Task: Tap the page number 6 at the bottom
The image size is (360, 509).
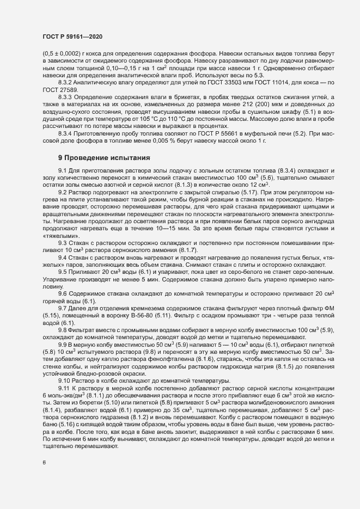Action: pos(44,463)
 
